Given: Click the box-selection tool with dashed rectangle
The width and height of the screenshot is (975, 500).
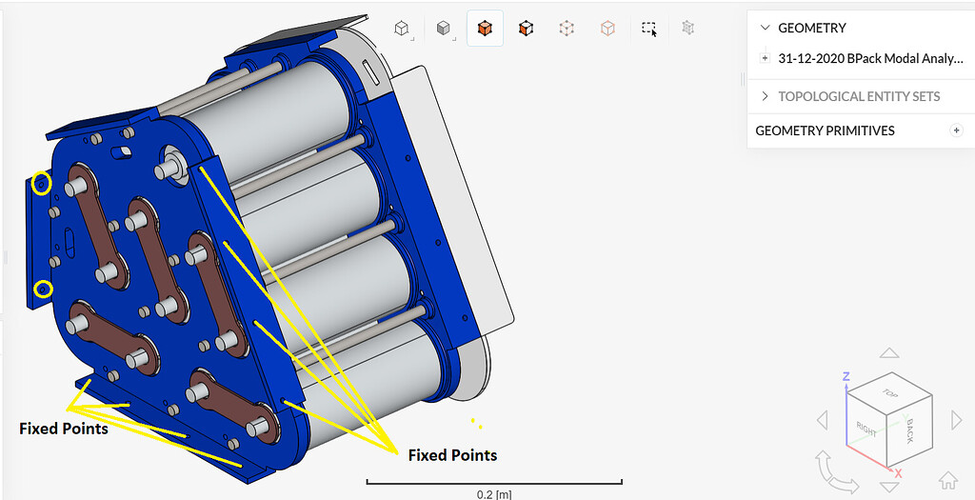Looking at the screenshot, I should [648, 29].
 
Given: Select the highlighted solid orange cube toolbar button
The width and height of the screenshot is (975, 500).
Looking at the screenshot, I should [485, 29].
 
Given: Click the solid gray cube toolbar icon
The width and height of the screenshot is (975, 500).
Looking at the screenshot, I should [444, 29].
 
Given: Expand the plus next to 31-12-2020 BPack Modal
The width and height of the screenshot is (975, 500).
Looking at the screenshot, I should [765, 58].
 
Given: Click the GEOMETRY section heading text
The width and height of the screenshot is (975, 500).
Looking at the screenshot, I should [812, 28].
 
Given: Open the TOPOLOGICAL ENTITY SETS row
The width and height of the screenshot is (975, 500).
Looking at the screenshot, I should [859, 96].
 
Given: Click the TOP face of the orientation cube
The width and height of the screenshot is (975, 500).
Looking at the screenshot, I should [890, 392].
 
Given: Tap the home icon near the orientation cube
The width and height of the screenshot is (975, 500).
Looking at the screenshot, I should [947, 480].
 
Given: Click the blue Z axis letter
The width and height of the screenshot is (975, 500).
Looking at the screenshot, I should [846, 377].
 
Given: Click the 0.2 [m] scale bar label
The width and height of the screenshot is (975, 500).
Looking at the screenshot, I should [494, 494].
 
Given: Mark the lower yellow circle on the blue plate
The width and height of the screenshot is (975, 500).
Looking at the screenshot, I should [43, 289].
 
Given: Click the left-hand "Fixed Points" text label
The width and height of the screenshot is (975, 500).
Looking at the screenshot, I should [64, 429].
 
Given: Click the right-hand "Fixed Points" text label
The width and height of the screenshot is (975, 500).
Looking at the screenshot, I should [452, 455].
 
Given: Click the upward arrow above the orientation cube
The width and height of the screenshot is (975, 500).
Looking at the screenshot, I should [889, 353].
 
